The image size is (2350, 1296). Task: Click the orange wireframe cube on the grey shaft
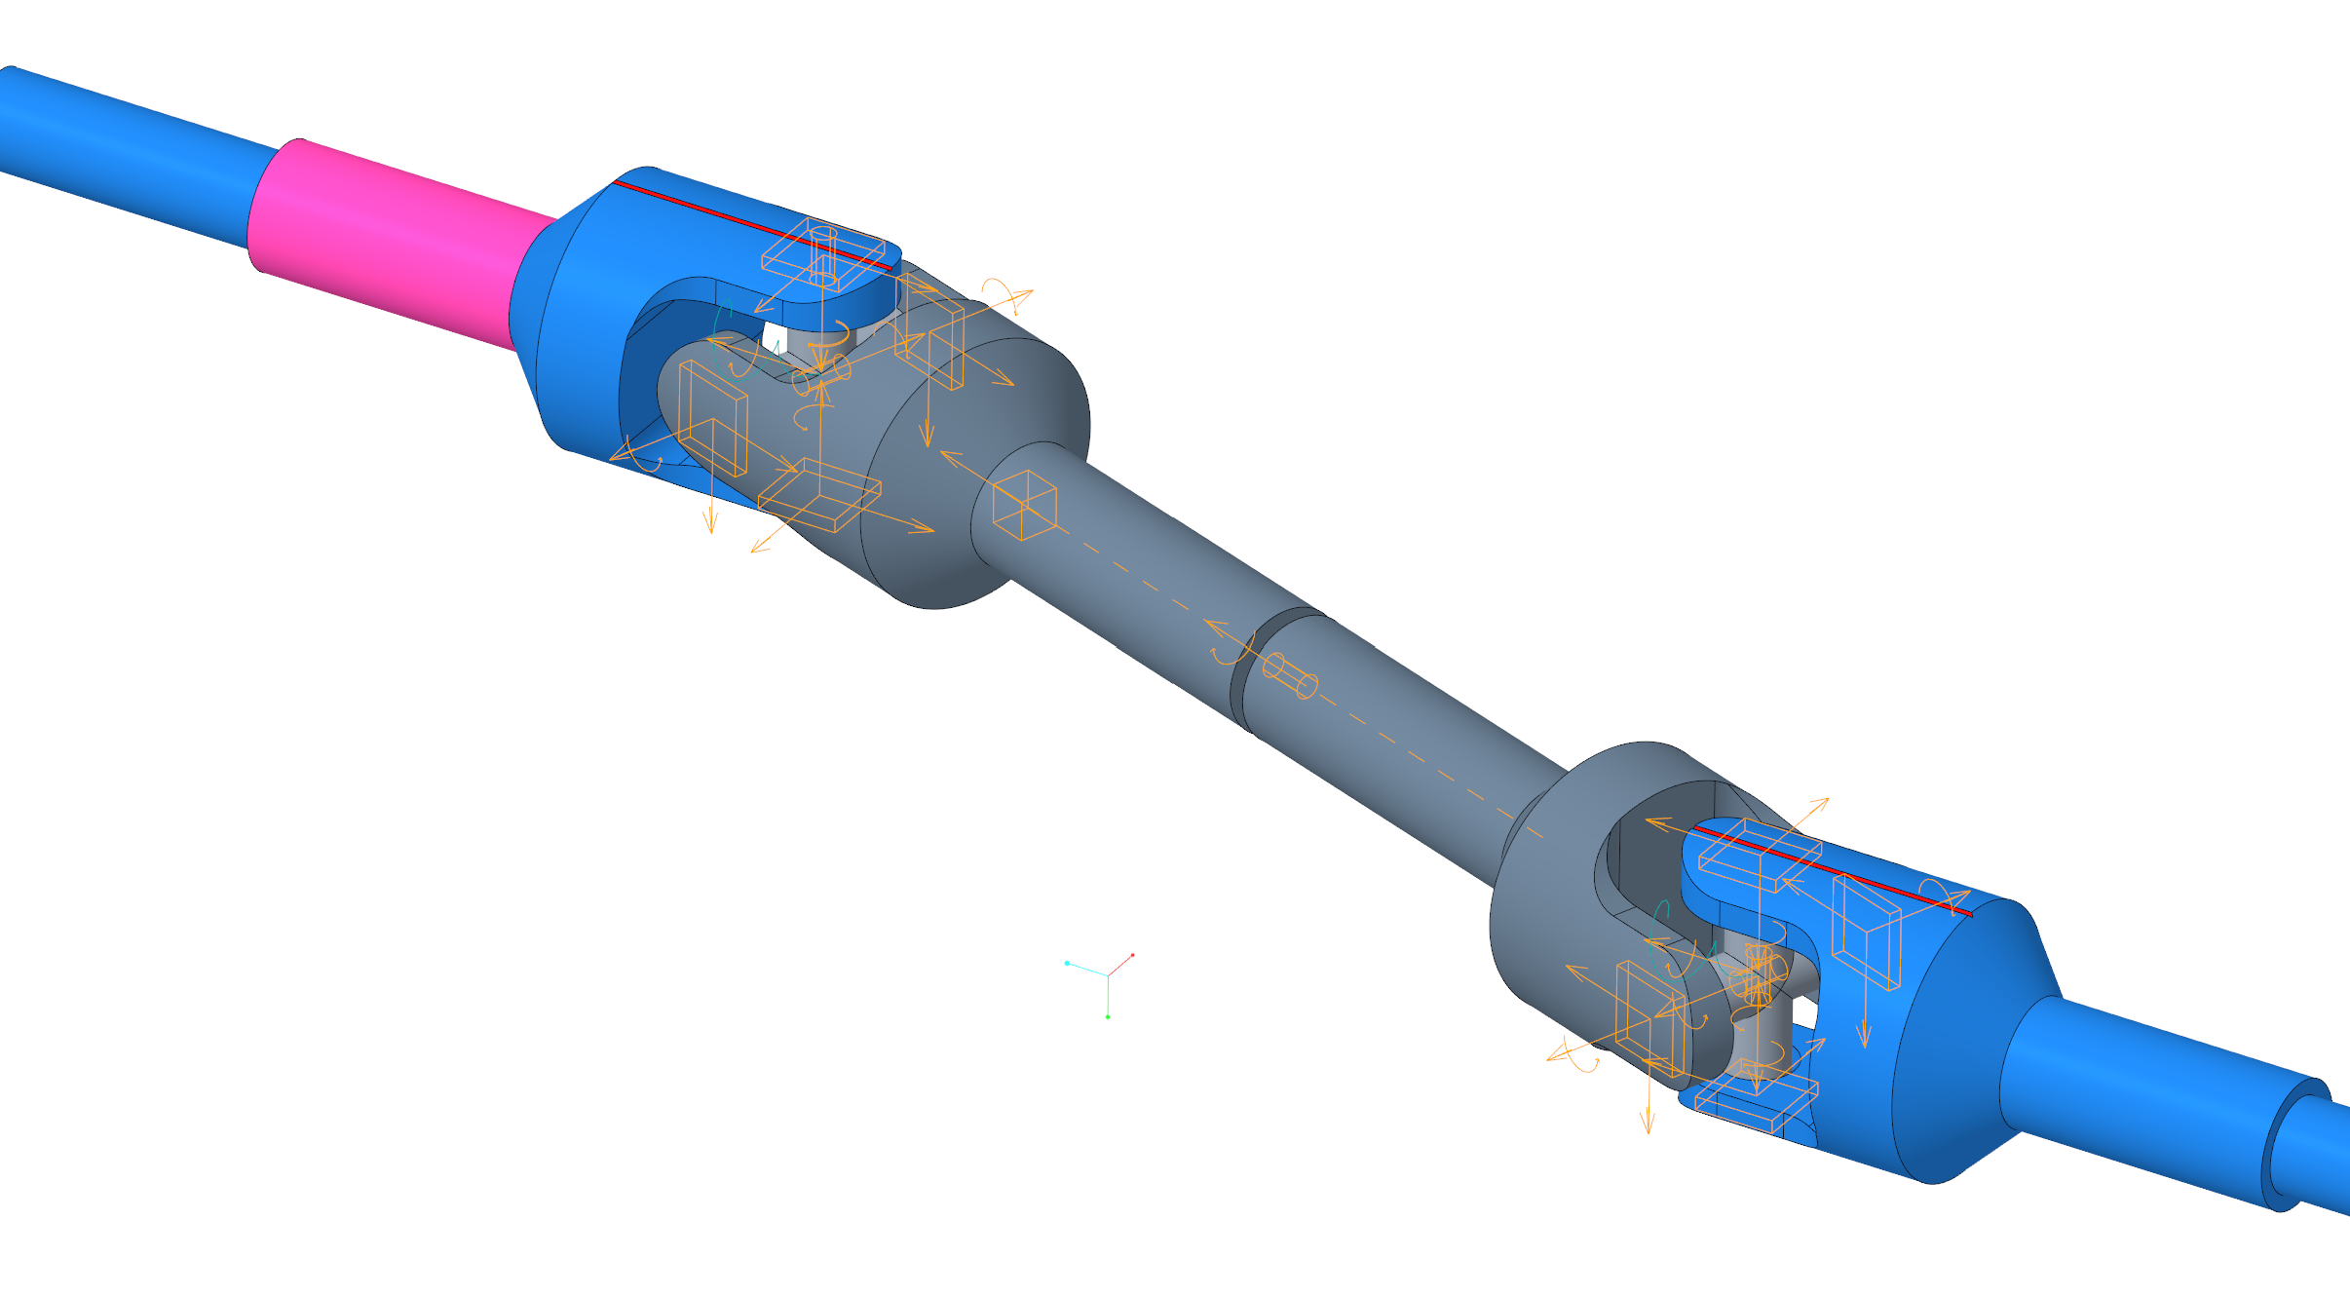pyautogui.click(x=1024, y=505)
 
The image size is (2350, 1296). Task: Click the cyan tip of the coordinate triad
pyautogui.click(x=1067, y=963)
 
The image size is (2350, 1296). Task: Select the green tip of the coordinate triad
pyautogui.click(x=1108, y=1016)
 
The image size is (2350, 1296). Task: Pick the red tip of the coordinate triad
pyautogui.click(x=1132, y=955)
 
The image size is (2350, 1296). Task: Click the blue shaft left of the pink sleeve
pyautogui.click(x=127, y=156)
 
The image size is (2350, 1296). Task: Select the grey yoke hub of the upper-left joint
pyautogui.click(x=974, y=468)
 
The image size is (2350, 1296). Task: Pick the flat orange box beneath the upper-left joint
pyautogui.click(x=818, y=495)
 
